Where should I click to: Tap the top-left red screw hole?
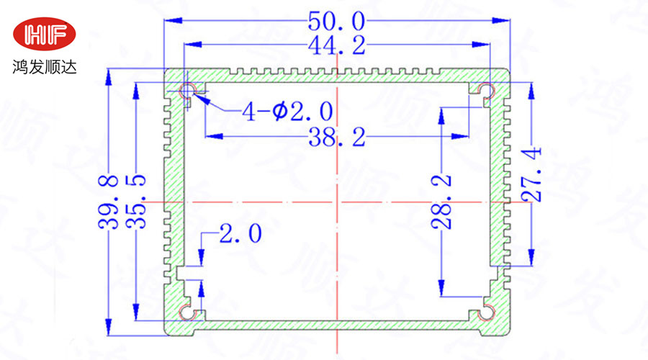[189, 91]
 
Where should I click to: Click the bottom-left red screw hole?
[189, 312]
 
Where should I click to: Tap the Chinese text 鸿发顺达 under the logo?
[45, 68]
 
